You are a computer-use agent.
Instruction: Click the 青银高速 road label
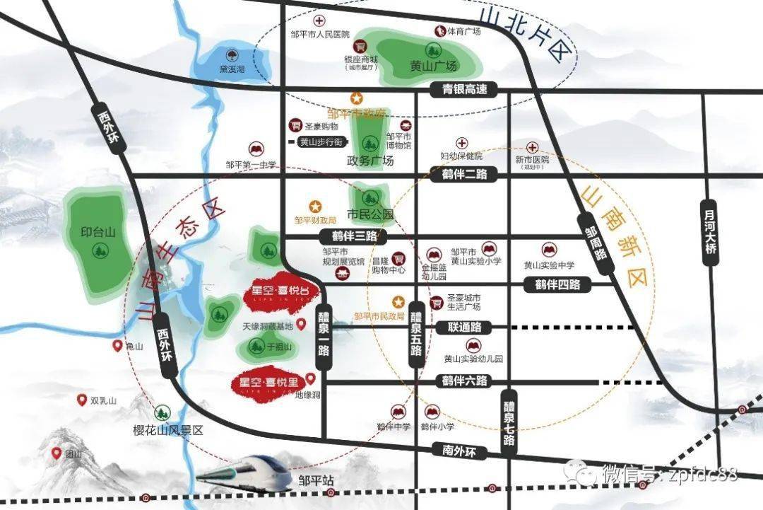[464, 90]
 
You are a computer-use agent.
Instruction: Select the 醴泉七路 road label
[509, 423]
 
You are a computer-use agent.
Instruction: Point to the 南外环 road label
[456, 449]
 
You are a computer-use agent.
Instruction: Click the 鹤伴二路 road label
[464, 175]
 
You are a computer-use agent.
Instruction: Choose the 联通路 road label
[464, 328]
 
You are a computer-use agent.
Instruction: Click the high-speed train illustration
[244, 474]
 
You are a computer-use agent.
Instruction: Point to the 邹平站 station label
[315, 480]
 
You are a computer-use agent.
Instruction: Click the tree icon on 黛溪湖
[230, 55]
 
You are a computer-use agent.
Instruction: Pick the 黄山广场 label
[434, 66]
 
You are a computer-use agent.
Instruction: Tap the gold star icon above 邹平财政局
[316, 206]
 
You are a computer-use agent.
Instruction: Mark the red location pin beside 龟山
[118, 346]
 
